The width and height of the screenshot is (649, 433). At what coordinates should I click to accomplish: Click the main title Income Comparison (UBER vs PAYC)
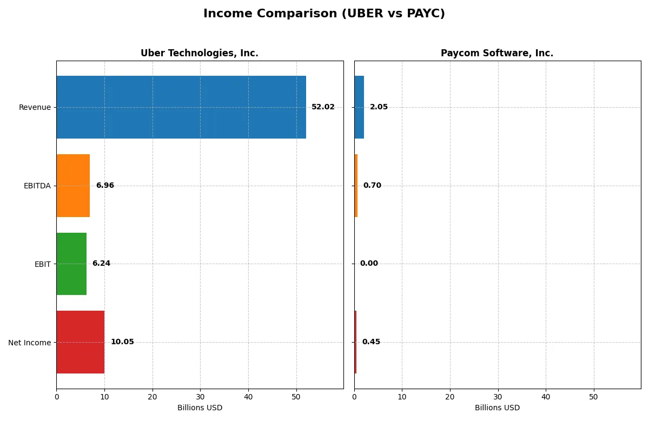pos(324,14)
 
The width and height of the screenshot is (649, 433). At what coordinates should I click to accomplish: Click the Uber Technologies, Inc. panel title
pos(199,53)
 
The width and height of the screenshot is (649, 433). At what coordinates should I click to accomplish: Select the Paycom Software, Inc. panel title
pos(496,53)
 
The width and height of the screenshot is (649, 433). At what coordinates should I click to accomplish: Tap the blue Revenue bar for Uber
pos(181,107)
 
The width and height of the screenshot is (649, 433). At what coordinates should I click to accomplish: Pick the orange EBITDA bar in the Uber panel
pos(73,186)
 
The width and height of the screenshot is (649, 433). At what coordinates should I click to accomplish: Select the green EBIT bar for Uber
pos(71,264)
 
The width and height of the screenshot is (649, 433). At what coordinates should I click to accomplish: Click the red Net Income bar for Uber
pos(80,342)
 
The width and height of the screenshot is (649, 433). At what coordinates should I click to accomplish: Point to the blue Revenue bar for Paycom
pos(359,107)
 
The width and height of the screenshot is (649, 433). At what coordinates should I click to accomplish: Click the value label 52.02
pos(323,107)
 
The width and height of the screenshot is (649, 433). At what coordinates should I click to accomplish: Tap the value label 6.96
pos(105,186)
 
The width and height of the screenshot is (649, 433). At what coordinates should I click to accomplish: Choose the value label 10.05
pos(122,342)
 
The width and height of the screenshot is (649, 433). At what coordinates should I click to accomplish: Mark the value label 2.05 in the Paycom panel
pos(379,107)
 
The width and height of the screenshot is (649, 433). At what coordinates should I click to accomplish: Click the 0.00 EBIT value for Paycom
pos(369,264)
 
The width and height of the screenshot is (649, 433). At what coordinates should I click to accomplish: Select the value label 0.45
pos(371,342)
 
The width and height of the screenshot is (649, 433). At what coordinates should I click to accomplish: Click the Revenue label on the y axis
pos(35,107)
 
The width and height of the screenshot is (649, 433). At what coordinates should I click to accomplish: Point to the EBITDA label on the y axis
pos(37,186)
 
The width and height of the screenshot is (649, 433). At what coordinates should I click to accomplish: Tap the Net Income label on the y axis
pos(29,343)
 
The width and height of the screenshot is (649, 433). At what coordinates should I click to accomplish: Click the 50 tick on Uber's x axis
pos(296,397)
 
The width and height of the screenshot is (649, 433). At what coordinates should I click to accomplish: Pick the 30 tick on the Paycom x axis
pos(498,397)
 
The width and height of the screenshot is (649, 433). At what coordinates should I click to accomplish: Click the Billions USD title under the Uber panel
pos(200,408)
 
